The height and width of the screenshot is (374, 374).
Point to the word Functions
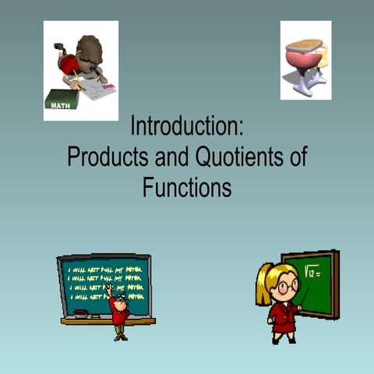pos(186,187)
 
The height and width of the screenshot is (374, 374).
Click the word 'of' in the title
pos(298,157)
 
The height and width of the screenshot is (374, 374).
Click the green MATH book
pos(61,100)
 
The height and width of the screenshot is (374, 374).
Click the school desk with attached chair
pos(305,62)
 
